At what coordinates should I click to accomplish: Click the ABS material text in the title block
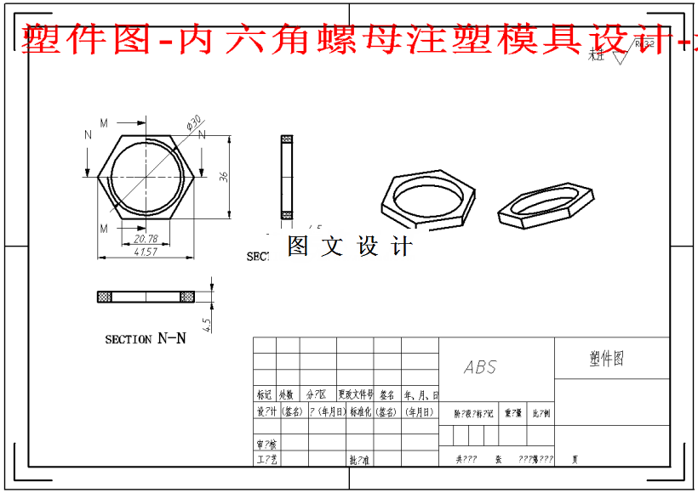tap(480, 367)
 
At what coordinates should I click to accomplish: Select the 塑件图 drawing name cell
tap(607, 358)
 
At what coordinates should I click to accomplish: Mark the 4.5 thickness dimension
tap(206, 324)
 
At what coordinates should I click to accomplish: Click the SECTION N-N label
tap(146, 338)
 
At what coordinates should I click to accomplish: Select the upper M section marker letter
tap(104, 124)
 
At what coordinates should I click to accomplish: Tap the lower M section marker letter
tap(104, 229)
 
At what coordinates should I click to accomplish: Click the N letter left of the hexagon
tap(88, 135)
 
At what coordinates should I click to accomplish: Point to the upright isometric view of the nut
tap(428, 198)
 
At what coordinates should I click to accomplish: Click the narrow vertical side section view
tap(287, 176)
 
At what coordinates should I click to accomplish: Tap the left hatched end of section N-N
tap(105, 297)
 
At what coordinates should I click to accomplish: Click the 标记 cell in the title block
tap(265, 395)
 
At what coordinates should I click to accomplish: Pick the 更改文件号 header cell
tap(356, 395)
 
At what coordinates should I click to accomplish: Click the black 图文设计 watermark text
tap(349, 246)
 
